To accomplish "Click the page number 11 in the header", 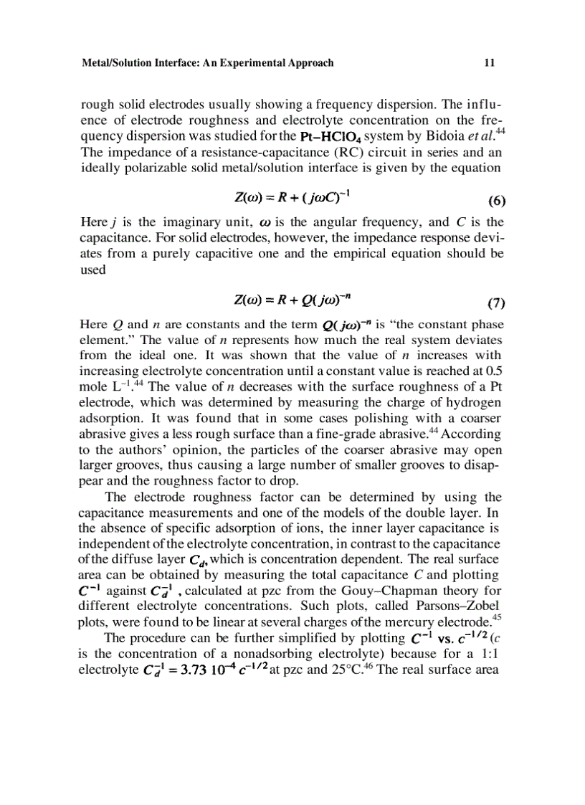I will (490, 63).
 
